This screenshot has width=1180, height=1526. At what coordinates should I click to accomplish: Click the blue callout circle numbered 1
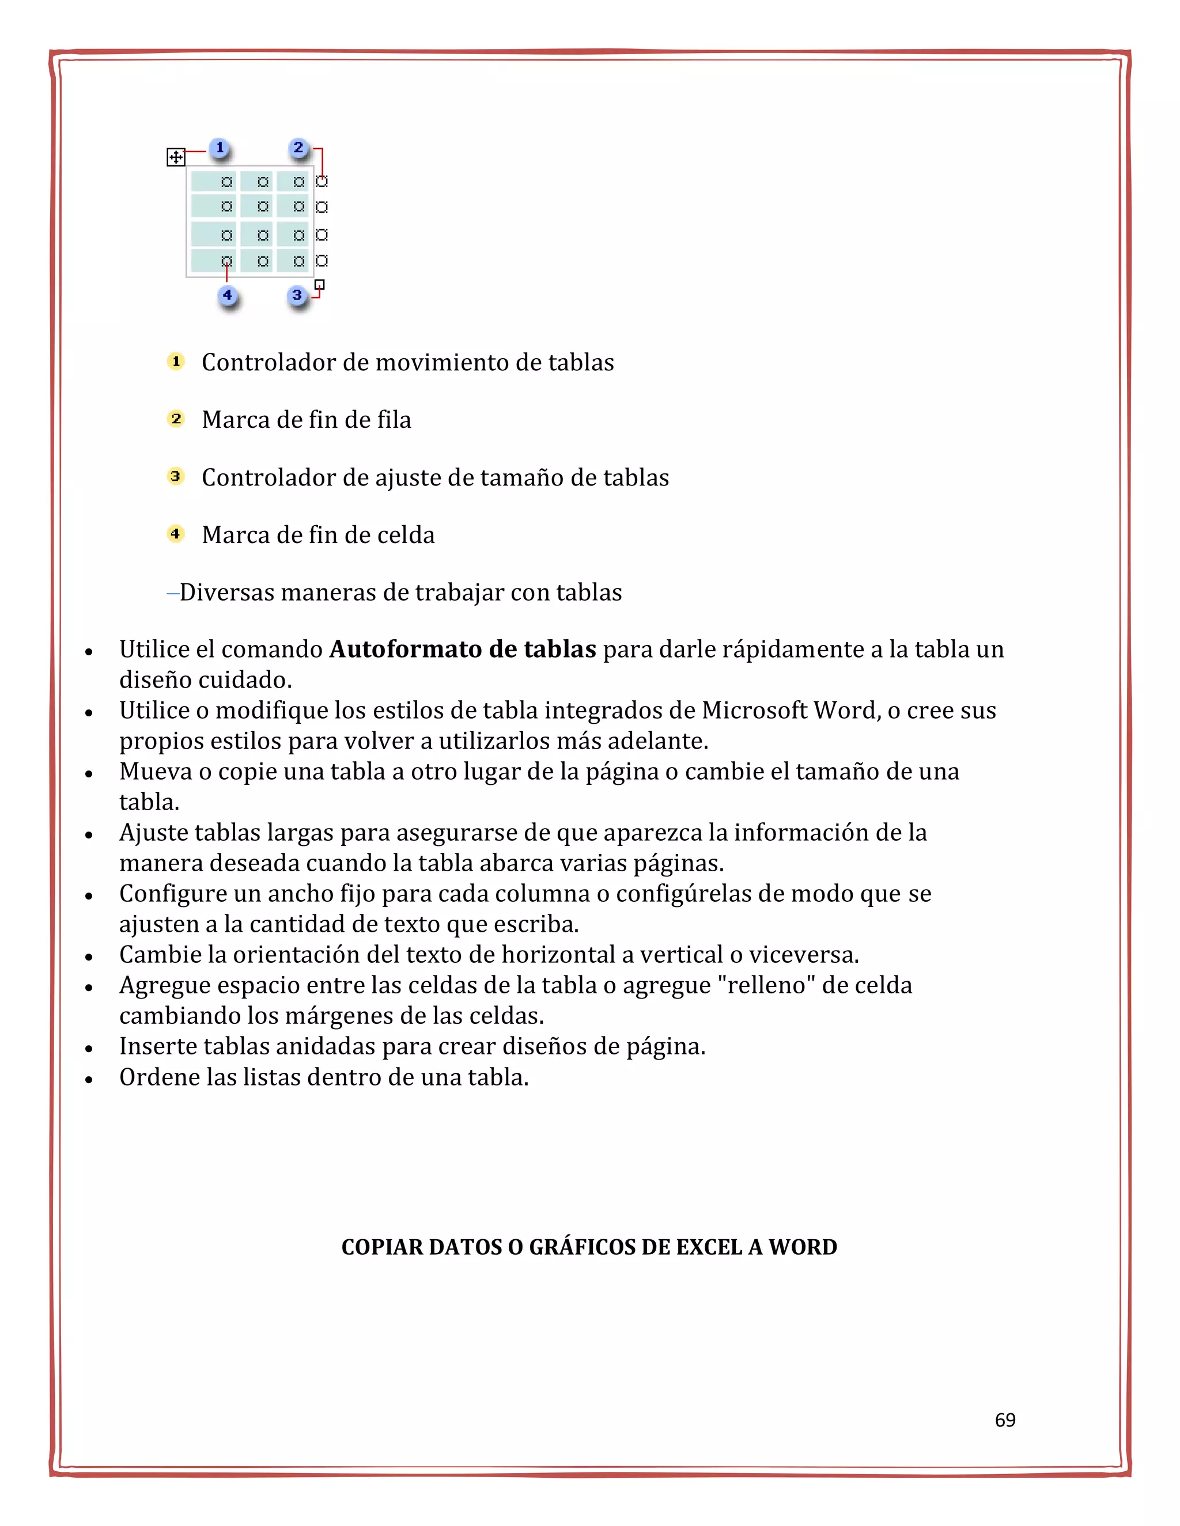[x=220, y=148]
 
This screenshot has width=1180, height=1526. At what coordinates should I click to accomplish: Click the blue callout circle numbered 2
[x=298, y=148]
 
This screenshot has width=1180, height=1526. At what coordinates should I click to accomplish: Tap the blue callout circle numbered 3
[x=297, y=295]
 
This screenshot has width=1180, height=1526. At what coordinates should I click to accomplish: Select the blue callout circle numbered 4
[x=226, y=295]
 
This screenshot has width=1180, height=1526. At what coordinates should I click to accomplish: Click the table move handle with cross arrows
[x=176, y=157]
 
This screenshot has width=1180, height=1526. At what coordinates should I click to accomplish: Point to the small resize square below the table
[x=319, y=284]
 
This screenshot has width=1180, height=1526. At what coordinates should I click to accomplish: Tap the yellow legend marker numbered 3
[x=176, y=477]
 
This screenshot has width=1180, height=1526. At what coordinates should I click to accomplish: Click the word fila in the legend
[x=394, y=420]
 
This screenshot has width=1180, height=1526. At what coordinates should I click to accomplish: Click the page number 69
[x=1004, y=1421]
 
